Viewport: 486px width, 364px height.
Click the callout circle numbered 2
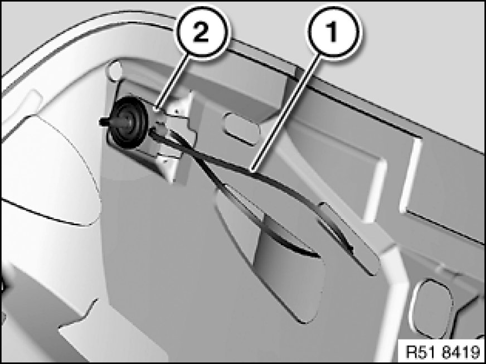[202, 32]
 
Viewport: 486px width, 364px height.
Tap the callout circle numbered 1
[333, 32]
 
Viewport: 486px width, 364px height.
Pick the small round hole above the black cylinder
[114, 71]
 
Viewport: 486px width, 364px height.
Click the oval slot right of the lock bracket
[242, 129]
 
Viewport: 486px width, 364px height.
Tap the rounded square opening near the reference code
[431, 308]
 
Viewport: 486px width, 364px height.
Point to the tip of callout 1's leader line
[252, 171]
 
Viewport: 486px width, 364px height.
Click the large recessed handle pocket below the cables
[273, 254]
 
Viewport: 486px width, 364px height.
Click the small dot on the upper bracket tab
[176, 110]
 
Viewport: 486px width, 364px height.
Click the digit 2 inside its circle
[201, 32]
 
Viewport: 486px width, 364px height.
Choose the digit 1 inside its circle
[332, 32]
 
